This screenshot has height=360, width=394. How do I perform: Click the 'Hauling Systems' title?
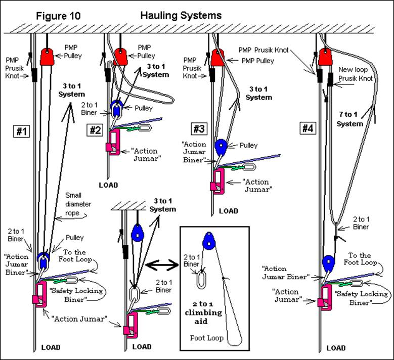(181, 15)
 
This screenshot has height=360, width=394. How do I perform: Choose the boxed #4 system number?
(308, 128)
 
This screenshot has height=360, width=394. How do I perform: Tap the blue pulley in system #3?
(221, 147)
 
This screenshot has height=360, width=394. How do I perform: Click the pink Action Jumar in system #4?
(323, 295)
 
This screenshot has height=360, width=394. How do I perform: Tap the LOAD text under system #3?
(228, 210)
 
